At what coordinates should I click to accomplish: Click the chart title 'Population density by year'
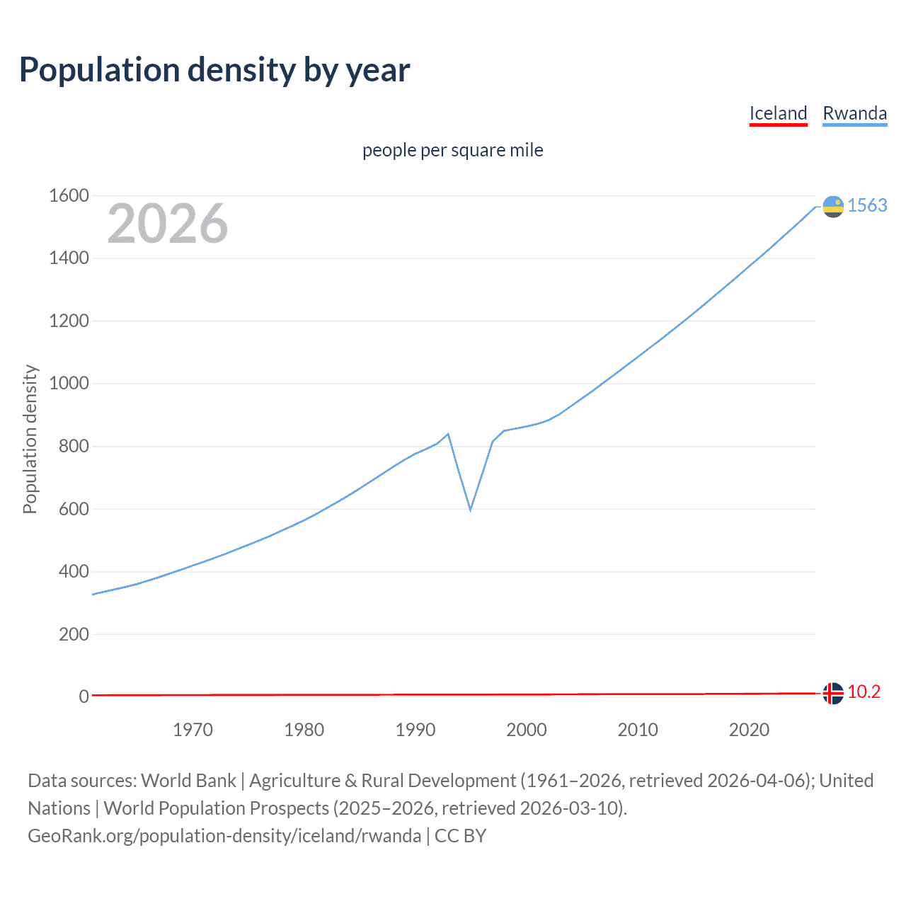214,70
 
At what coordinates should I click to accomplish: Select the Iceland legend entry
778,114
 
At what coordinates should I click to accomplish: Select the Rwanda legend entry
854,114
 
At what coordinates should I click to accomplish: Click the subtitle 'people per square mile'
452,150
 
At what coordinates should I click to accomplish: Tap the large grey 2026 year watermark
168,224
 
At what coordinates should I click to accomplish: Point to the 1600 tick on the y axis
69,196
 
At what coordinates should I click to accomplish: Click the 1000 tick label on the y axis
69,384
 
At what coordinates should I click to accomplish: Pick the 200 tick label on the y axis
74,634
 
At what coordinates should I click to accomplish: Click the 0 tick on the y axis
84,696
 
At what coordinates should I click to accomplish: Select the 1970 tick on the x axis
193,730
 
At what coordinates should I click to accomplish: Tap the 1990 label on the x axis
415,730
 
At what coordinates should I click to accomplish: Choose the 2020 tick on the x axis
749,730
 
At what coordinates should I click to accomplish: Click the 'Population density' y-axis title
30,439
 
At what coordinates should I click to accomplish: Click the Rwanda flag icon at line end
833,207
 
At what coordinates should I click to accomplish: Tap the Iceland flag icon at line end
833,694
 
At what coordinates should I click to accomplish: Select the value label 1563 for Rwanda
867,205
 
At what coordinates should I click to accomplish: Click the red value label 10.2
864,692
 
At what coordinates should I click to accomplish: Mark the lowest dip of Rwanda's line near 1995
470,510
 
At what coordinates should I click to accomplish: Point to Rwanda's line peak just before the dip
448,434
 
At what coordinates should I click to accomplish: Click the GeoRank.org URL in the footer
224,836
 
